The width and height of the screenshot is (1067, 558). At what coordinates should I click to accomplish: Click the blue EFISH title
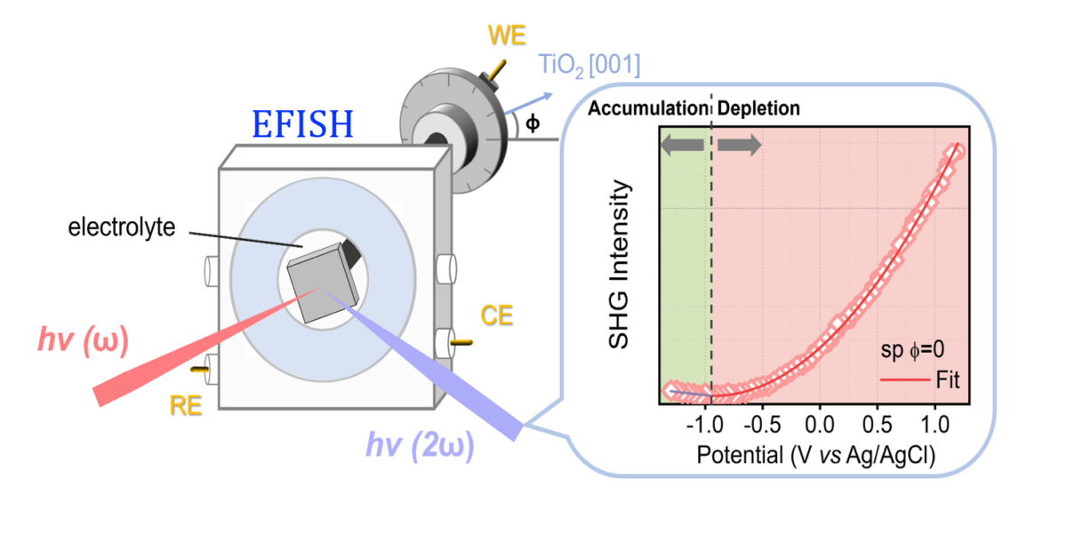302,124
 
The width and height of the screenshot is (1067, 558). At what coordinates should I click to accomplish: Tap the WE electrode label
507,36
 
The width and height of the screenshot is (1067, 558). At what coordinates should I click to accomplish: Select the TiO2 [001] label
590,65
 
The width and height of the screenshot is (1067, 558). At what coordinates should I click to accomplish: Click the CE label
497,315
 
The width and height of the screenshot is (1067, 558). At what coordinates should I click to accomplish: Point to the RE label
186,406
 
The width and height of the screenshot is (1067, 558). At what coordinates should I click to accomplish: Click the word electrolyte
122,227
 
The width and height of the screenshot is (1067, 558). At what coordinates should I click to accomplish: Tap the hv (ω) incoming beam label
84,340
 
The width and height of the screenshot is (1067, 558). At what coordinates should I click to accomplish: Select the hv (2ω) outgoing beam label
420,446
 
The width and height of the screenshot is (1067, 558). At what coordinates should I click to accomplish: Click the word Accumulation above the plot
648,108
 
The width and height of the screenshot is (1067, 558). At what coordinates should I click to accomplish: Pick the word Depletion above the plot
758,108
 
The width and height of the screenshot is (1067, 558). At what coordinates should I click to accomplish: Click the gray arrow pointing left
682,145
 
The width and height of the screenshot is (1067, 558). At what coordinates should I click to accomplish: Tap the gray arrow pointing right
740,145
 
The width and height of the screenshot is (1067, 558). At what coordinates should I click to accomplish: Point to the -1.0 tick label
704,424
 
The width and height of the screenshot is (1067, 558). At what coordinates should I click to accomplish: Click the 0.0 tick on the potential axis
820,424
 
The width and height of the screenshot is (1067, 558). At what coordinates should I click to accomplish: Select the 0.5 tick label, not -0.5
878,424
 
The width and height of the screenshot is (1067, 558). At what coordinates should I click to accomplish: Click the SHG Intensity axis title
619,264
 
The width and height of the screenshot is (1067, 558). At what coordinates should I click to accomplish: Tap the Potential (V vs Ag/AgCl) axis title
816,455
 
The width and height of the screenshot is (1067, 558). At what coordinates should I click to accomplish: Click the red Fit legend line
905,380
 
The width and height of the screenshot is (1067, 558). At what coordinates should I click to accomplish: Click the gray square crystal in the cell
323,283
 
